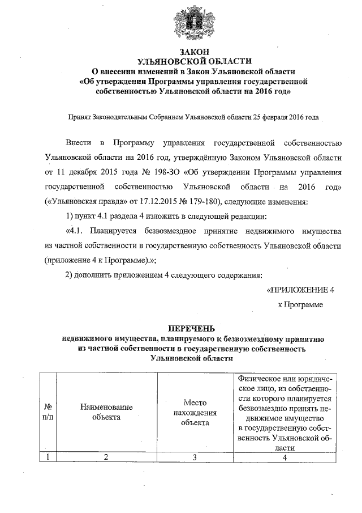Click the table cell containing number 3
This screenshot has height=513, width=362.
coord(195,457)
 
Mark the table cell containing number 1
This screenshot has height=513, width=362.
coord(48,457)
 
